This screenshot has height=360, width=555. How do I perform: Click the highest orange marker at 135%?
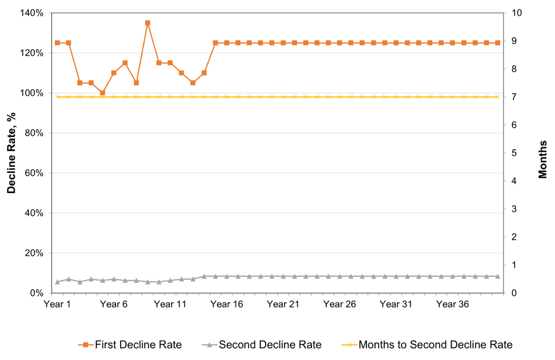(148, 23)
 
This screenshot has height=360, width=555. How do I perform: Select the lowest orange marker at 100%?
(102, 93)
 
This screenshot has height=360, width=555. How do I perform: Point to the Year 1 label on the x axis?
(57, 304)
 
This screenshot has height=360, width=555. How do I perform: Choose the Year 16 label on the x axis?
(227, 304)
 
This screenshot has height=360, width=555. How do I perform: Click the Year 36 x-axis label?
(453, 304)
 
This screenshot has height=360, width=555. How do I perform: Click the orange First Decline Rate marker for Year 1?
(57, 43)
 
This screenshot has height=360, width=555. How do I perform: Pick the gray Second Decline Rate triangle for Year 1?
(57, 281)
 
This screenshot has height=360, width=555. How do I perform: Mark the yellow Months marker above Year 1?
(57, 97)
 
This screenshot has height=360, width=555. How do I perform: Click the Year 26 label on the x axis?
(339, 304)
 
